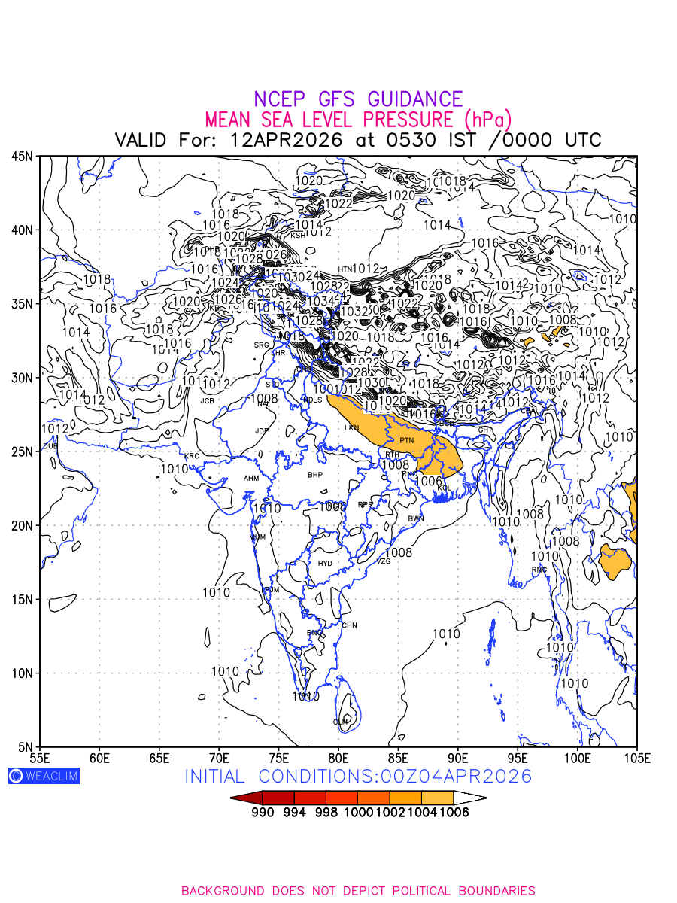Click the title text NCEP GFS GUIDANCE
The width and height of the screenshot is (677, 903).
pyautogui.click(x=358, y=99)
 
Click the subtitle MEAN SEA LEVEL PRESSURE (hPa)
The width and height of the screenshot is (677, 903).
pyautogui.click(x=358, y=120)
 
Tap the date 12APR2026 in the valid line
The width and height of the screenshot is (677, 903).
pyautogui.click(x=287, y=141)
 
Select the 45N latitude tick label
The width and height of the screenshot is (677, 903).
pyautogui.click(x=22, y=157)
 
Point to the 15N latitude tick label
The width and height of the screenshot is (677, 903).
pyautogui.click(x=22, y=600)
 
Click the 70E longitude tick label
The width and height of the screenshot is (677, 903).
pyautogui.click(x=219, y=756)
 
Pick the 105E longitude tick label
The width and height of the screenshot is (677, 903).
pyautogui.click(x=636, y=756)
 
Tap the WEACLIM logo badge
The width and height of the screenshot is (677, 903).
pyautogui.click(x=44, y=776)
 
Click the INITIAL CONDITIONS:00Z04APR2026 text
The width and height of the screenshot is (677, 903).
pyautogui.click(x=358, y=777)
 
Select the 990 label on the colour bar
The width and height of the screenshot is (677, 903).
pyautogui.click(x=263, y=813)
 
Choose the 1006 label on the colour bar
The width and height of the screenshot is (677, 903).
pyautogui.click(x=454, y=813)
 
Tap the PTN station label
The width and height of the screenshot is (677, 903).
pyautogui.click(x=407, y=440)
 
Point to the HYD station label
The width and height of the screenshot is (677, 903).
pyautogui.click(x=325, y=564)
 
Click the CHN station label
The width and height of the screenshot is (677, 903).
pyautogui.click(x=349, y=625)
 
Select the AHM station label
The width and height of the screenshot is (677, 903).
pyautogui.click(x=251, y=479)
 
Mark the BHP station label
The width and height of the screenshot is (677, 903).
pyautogui.click(x=314, y=475)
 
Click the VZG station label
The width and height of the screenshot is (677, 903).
pyautogui.click(x=384, y=561)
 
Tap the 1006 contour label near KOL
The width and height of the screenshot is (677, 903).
pyautogui.click(x=428, y=482)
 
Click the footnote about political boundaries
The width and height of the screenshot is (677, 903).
pyautogui.click(x=358, y=891)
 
